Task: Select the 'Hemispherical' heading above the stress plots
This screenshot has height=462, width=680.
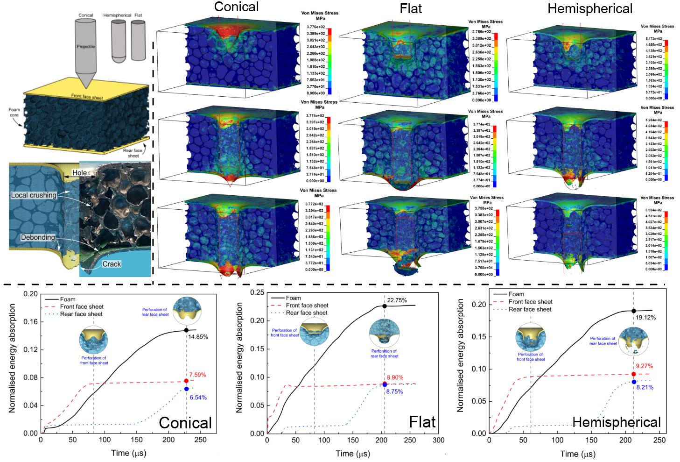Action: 590,8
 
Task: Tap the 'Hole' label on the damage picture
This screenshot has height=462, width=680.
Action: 80,173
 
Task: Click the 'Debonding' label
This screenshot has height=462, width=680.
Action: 38,237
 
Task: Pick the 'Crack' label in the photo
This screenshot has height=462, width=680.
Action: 112,264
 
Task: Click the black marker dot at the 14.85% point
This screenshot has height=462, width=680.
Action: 186,330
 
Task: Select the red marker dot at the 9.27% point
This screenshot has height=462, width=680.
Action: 633,374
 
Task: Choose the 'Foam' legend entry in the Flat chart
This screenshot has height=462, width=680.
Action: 293,298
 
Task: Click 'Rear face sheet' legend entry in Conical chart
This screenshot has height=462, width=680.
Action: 81,314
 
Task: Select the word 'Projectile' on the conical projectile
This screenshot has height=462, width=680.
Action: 86,47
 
